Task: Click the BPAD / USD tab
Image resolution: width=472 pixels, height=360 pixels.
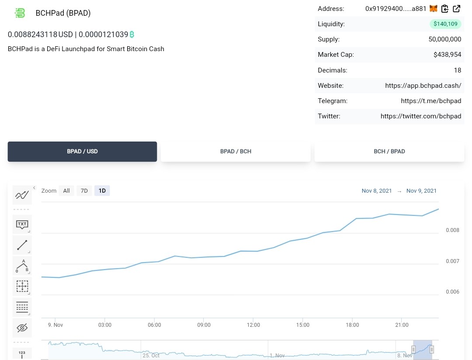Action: [x=82, y=152]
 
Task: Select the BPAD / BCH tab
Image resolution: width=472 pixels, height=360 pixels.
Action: [x=236, y=152]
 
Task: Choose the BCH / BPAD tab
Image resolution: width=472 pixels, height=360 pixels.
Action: [x=389, y=152]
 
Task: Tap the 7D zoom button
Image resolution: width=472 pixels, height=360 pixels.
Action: [x=84, y=190]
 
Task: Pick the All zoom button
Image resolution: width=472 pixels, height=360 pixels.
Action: [x=66, y=190]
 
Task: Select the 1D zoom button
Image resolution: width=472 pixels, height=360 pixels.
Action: [x=102, y=190]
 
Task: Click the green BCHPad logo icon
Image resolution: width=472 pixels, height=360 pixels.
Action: [x=20, y=13]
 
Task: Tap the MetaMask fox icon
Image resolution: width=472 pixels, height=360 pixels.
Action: [x=433, y=9]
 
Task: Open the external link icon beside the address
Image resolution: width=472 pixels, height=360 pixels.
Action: [x=456, y=9]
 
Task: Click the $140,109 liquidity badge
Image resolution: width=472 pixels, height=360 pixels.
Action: [x=445, y=24]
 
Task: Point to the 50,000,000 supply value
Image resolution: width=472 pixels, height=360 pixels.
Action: [x=445, y=39]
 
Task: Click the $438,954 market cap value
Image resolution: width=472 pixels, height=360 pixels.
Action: [x=448, y=55]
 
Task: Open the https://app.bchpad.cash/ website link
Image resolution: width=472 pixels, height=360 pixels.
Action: [x=423, y=86]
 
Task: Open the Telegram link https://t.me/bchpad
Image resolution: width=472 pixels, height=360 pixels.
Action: [x=431, y=101]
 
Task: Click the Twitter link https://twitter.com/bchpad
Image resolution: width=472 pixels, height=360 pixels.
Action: [x=421, y=116]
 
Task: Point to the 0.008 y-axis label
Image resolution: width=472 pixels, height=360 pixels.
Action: [x=452, y=230]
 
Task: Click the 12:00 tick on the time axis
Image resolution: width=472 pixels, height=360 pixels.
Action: [x=253, y=325]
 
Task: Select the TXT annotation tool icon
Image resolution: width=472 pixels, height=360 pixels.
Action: [x=22, y=225]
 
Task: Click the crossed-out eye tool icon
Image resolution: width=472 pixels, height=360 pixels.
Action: [x=22, y=328]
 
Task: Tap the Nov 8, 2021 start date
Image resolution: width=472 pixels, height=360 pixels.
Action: [x=377, y=191]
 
